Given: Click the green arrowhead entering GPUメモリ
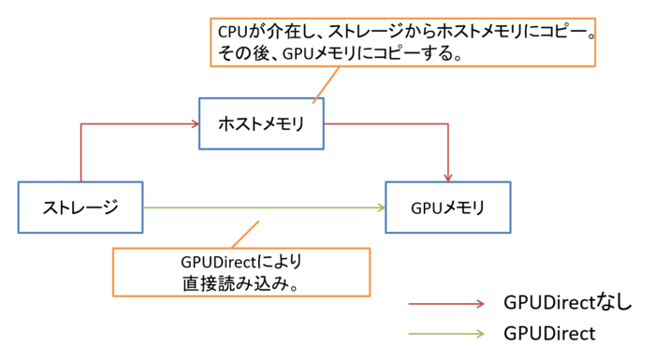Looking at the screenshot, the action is pos(381,208).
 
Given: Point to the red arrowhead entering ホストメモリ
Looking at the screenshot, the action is pos(195,124).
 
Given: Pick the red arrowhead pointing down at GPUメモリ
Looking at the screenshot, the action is pos(448,177).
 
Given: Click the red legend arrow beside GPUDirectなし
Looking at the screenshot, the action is pos(446,304).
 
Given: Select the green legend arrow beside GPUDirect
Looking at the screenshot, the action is pos(446,333).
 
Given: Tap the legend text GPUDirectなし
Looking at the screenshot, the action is pos(568,302).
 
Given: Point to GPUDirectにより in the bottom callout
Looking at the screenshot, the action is pos(241,262).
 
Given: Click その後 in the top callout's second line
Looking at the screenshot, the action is pos(242,54).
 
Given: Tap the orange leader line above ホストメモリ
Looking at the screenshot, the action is pos(327,84).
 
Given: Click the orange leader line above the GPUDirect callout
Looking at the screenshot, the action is pos(245,235).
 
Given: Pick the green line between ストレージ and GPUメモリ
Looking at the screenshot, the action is pos(264,208).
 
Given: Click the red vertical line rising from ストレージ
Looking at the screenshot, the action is pos(81,152).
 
